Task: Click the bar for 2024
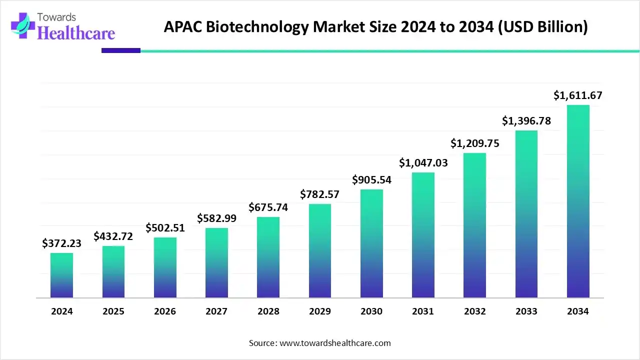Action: click(x=61, y=275)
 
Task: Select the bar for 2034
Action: click(x=578, y=201)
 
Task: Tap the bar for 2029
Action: click(x=320, y=251)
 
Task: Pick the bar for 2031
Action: click(x=423, y=235)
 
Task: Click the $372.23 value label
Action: click(x=61, y=243)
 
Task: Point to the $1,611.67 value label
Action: click(x=578, y=95)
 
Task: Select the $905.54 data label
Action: click(x=371, y=179)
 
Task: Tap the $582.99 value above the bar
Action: click(x=216, y=218)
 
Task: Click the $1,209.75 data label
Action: click(x=474, y=143)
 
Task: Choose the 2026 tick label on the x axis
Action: click(x=165, y=311)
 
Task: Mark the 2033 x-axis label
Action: click(x=526, y=311)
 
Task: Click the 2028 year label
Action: click(x=268, y=311)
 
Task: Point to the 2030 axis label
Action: click(x=371, y=311)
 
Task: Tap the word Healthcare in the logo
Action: click(x=76, y=33)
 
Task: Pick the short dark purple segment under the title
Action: click(x=120, y=50)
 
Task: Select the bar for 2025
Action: click(x=113, y=272)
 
